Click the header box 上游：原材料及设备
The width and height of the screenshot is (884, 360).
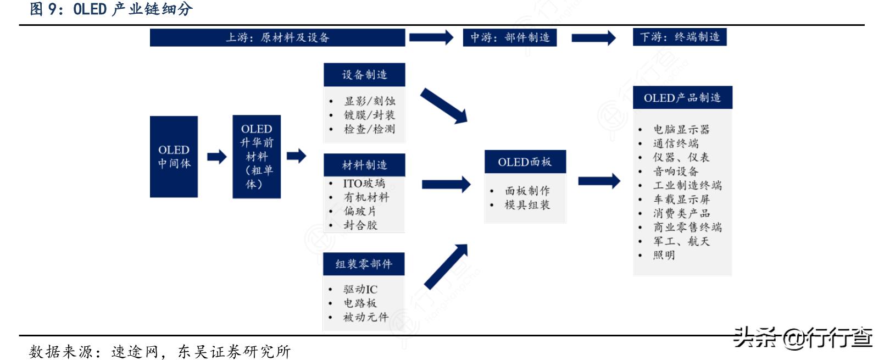point(277,37)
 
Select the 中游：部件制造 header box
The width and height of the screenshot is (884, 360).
point(510,37)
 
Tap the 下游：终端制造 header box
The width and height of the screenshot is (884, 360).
point(680,37)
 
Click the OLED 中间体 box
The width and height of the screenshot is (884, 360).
point(174,157)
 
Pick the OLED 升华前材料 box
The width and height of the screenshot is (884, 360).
point(257,157)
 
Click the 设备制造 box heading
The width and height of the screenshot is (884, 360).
point(364,75)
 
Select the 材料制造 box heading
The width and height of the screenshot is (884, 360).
point(364,165)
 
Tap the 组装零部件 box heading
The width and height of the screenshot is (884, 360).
point(364,264)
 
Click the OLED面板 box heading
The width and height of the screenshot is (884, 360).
point(525,162)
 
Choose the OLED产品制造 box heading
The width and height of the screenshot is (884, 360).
point(683,97)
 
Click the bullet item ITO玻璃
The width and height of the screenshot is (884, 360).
point(364,183)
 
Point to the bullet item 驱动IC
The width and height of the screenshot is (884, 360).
point(360,289)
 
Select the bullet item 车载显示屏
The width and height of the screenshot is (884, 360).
point(682,200)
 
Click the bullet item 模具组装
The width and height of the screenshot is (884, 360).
point(527,205)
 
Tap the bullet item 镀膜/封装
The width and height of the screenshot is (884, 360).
point(369,115)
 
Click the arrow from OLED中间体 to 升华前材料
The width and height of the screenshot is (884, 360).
point(217,157)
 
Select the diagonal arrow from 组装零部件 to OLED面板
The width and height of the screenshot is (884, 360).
point(446,267)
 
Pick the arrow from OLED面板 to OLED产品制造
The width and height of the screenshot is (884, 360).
point(599,181)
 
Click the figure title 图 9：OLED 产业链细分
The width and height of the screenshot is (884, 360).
point(112,9)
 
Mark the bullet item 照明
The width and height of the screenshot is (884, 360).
point(664,255)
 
